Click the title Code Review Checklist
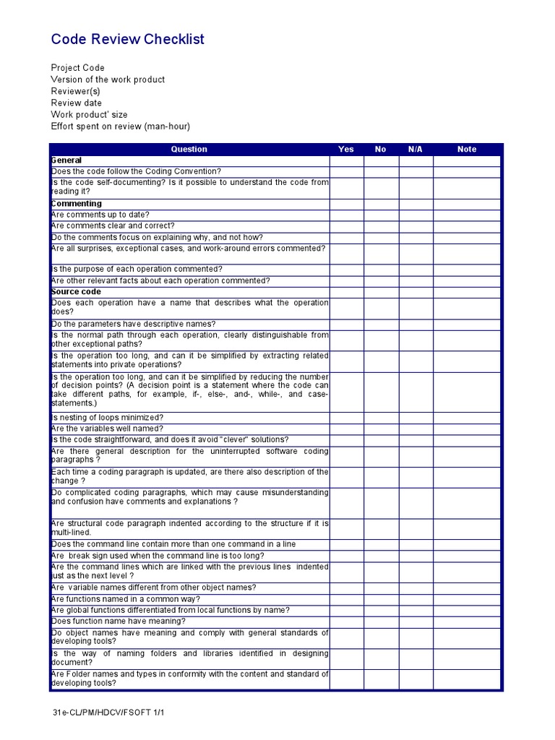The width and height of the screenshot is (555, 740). [127, 39]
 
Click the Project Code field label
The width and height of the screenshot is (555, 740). [77, 68]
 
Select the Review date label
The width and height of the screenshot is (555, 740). [76, 103]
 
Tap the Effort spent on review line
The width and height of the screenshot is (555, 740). [120, 126]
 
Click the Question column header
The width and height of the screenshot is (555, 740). [189, 149]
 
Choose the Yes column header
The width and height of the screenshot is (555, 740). [346, 149]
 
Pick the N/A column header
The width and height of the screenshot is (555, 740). [415, 149]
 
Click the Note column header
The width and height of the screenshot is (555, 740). [467, 149]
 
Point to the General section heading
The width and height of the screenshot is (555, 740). [66, 160]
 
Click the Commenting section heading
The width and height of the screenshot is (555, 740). [76, 204]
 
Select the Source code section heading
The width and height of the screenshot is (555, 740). [76, 292]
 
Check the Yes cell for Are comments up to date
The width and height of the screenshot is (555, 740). [346, 215]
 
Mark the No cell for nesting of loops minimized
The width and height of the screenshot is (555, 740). [381, 418]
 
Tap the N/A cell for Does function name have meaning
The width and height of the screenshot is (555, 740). [416, 621]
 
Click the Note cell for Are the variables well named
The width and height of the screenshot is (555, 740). [467, 429]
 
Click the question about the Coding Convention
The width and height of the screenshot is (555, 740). [136, 171]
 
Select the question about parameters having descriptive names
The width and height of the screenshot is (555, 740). [133, 324]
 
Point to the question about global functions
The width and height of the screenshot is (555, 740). [170, 611]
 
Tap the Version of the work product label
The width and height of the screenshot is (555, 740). [108, 79]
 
